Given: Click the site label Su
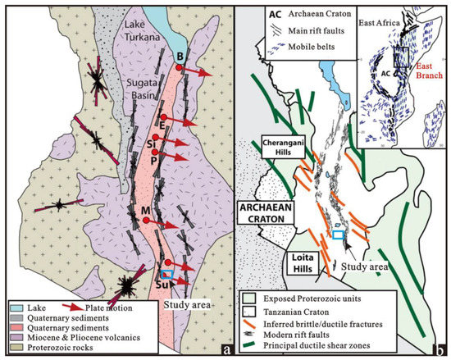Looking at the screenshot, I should coord(161,285).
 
